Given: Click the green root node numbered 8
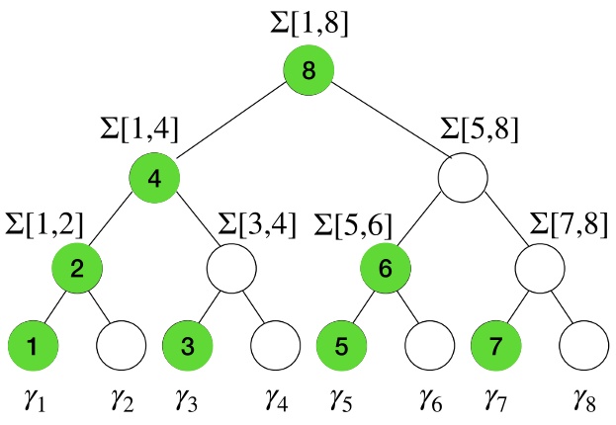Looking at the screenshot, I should pyautogui.click(x=308, y=71).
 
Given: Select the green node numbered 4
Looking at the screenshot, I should pyautogui.click(x=154, y=178).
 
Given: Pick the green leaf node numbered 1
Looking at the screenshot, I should pyautogui.click(x=32, y=347).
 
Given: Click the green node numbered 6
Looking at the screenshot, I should pyautogui.click(x=386, y=266).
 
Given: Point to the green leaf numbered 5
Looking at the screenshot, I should pyautogui.click(x=342, y=347).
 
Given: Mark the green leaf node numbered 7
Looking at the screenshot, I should pyautogui.click(x=497, y=347).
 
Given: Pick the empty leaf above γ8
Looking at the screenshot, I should pyautogui.click(x=583, y=347).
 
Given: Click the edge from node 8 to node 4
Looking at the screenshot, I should pyautogui.click(x=231, y=125).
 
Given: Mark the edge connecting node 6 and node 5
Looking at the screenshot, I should pyautogui.click(x=363, y=307).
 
